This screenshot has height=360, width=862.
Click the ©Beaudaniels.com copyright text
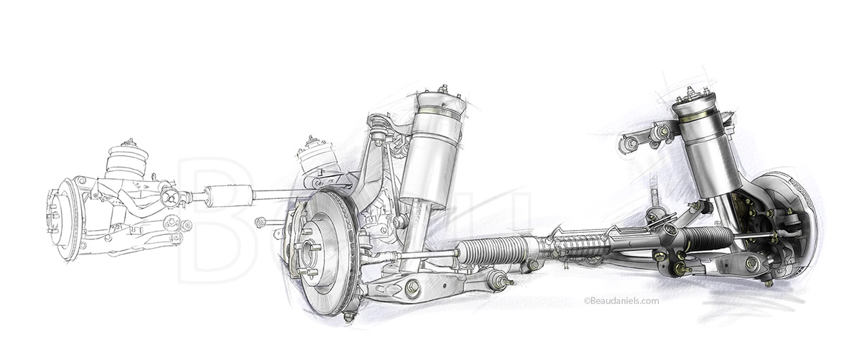(x=621, y=302)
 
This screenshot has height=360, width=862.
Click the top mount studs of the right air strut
(x=691, y=93)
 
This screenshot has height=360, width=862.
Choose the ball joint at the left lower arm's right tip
(x=497, y=277)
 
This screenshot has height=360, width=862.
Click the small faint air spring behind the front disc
(x=316, y=157)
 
